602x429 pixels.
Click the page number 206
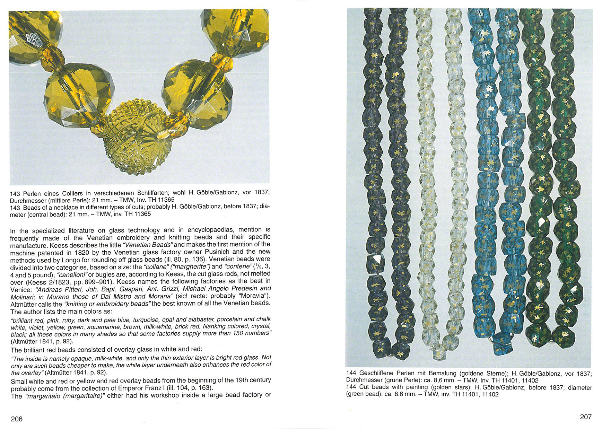pyautogui.click(x=17, y=419)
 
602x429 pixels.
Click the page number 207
pyautogui.click(x=585, y=417)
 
